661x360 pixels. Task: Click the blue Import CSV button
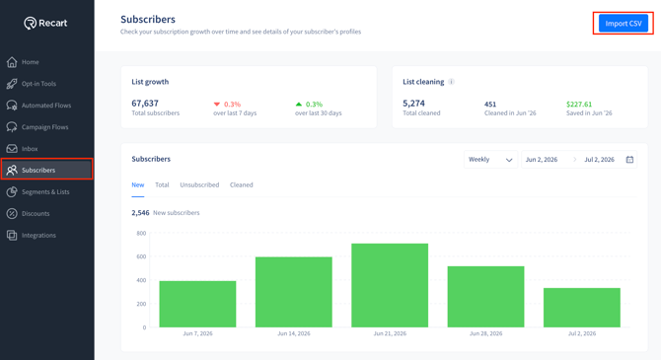[x=624, y=24]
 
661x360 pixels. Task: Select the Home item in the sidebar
[x=23, y=62]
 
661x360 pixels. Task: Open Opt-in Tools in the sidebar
[x=32, y=84]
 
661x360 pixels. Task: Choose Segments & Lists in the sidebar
[x=37, y=191]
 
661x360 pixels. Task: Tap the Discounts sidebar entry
[x=28, y=213]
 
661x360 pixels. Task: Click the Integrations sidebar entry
[x=32, y=235]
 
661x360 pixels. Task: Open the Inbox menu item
[x=22, y=148]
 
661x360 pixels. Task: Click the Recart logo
[x=45, y=23]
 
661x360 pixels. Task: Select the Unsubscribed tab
[x=199, y=184]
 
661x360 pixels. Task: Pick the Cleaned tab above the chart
[x=241, y=184]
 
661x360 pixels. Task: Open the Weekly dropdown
[x=490, y=160]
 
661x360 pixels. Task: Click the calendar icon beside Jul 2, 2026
[x=629, y=160]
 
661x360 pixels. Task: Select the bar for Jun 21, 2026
[x=390, y=285]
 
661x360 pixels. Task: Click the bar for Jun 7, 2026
[x=197, y=304]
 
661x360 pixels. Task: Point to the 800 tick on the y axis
[x=141, y=233]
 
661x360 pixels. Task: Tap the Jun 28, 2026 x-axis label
[x=485, y=333]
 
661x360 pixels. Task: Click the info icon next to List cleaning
[x=451, y=82]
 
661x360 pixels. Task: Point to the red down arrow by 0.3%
[x=217, y=105]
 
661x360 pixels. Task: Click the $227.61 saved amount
[x=579, y=105]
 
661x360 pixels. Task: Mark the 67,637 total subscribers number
[x=145, y=104]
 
